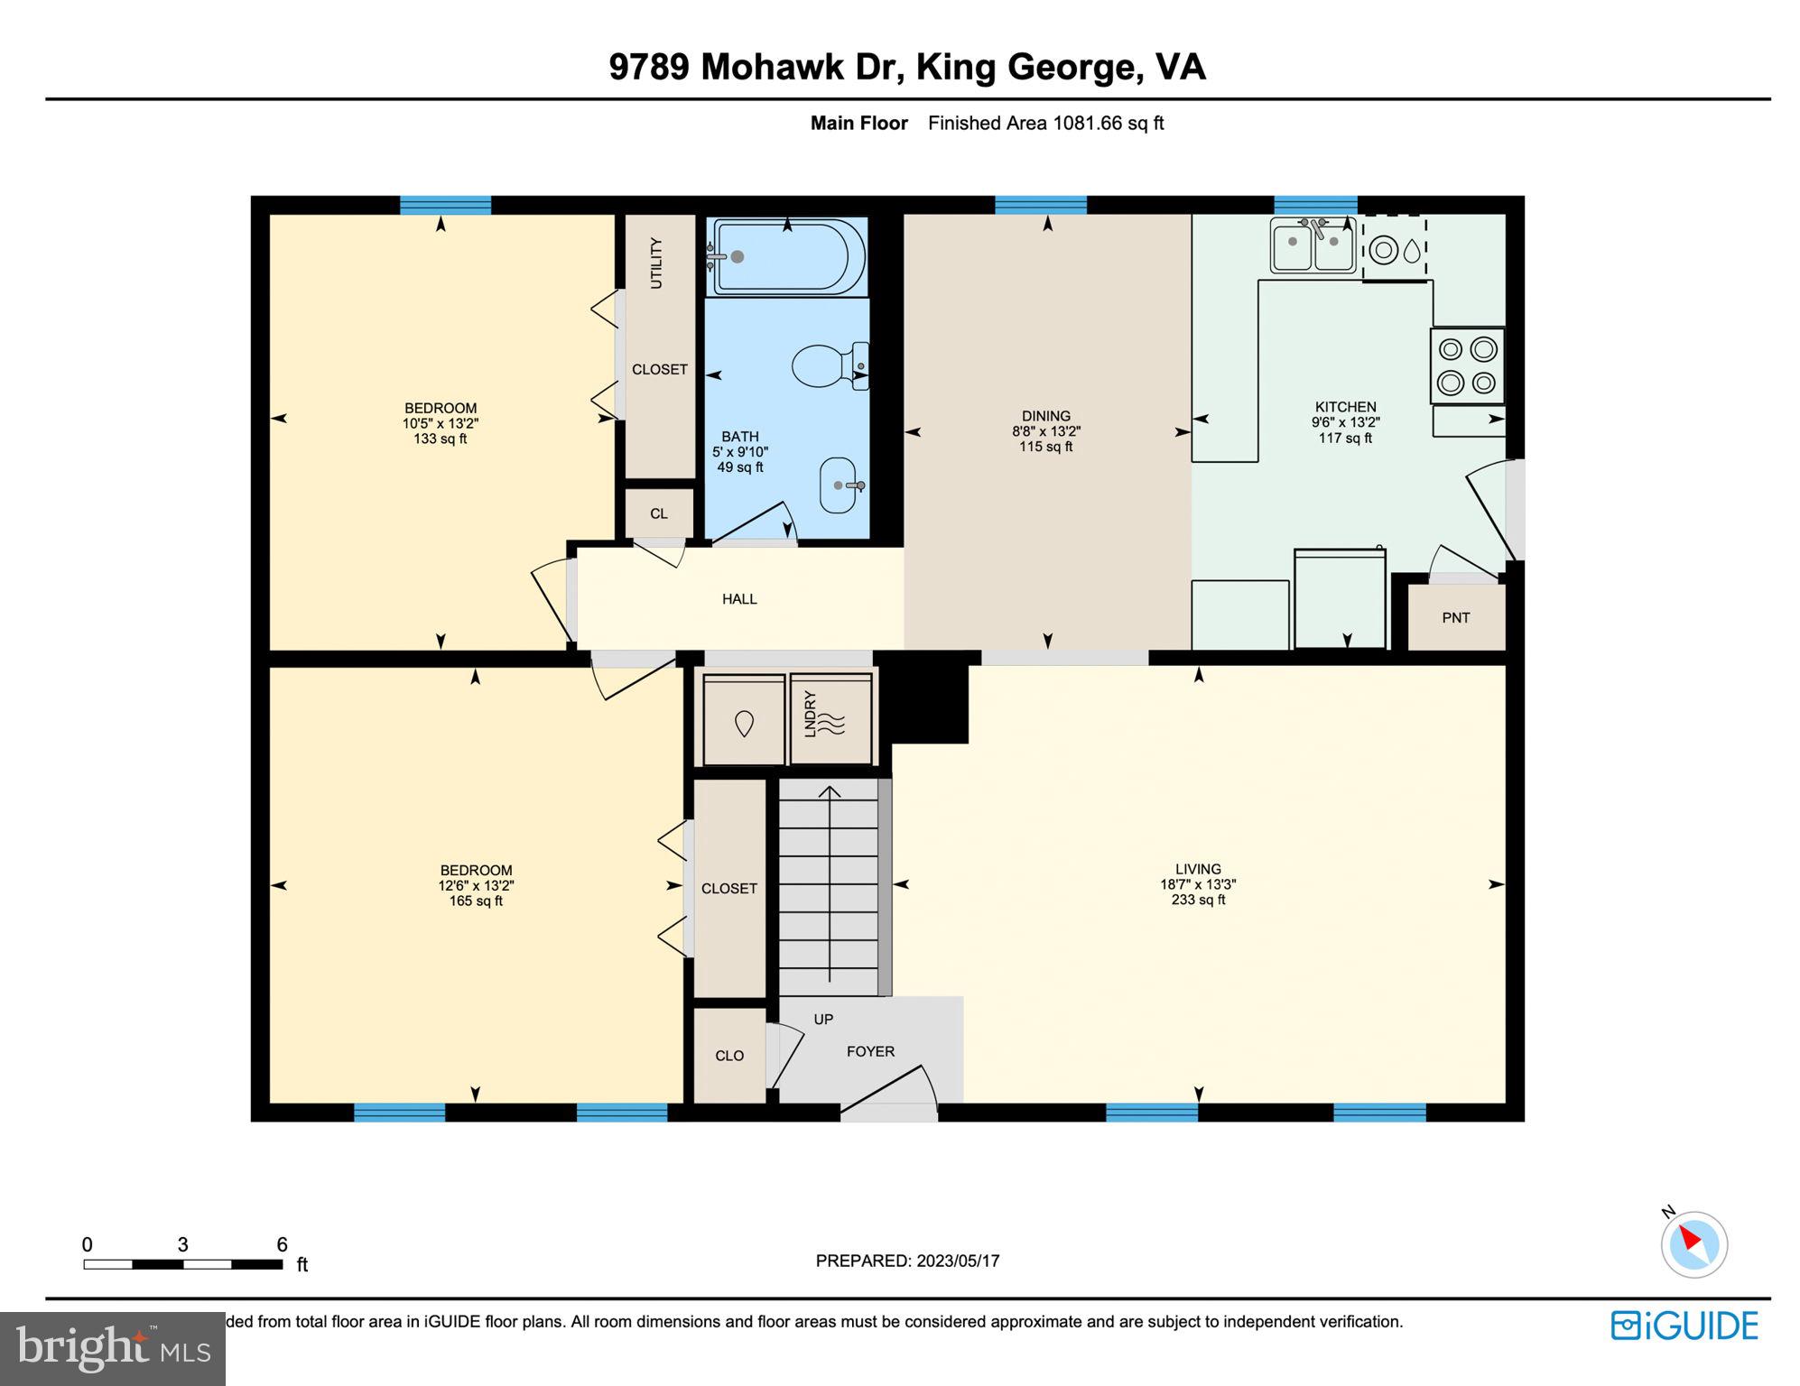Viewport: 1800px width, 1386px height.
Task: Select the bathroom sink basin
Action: (840, 485)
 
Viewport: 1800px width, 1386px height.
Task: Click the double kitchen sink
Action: (1313, 245)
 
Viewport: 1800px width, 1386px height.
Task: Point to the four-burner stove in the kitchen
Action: (1467, 365)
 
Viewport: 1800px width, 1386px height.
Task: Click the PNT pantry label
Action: (1455, 618)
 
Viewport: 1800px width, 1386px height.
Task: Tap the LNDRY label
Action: (810, 715)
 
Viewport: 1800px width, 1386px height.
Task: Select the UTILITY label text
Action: (656, 263)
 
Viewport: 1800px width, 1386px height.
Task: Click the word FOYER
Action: (870, 1051)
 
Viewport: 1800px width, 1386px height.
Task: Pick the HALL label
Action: (739, 599)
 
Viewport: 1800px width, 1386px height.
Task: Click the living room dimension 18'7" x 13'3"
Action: (1198, 884)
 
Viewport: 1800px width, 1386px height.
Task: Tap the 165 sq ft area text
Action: (476, 901)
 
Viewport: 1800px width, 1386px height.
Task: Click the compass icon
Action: (1693, 1244)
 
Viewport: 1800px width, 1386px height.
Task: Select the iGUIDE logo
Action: (1684, 1326)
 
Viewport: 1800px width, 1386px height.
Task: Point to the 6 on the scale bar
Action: (282, 1244)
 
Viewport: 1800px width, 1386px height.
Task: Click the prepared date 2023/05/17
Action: (958, 1261)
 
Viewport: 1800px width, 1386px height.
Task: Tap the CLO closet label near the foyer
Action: (729, 1056)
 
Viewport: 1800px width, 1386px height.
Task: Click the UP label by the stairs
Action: (823, 1020)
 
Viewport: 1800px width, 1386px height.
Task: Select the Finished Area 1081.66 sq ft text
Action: (1045, 123)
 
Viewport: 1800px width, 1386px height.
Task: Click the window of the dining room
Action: (1040, 205)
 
